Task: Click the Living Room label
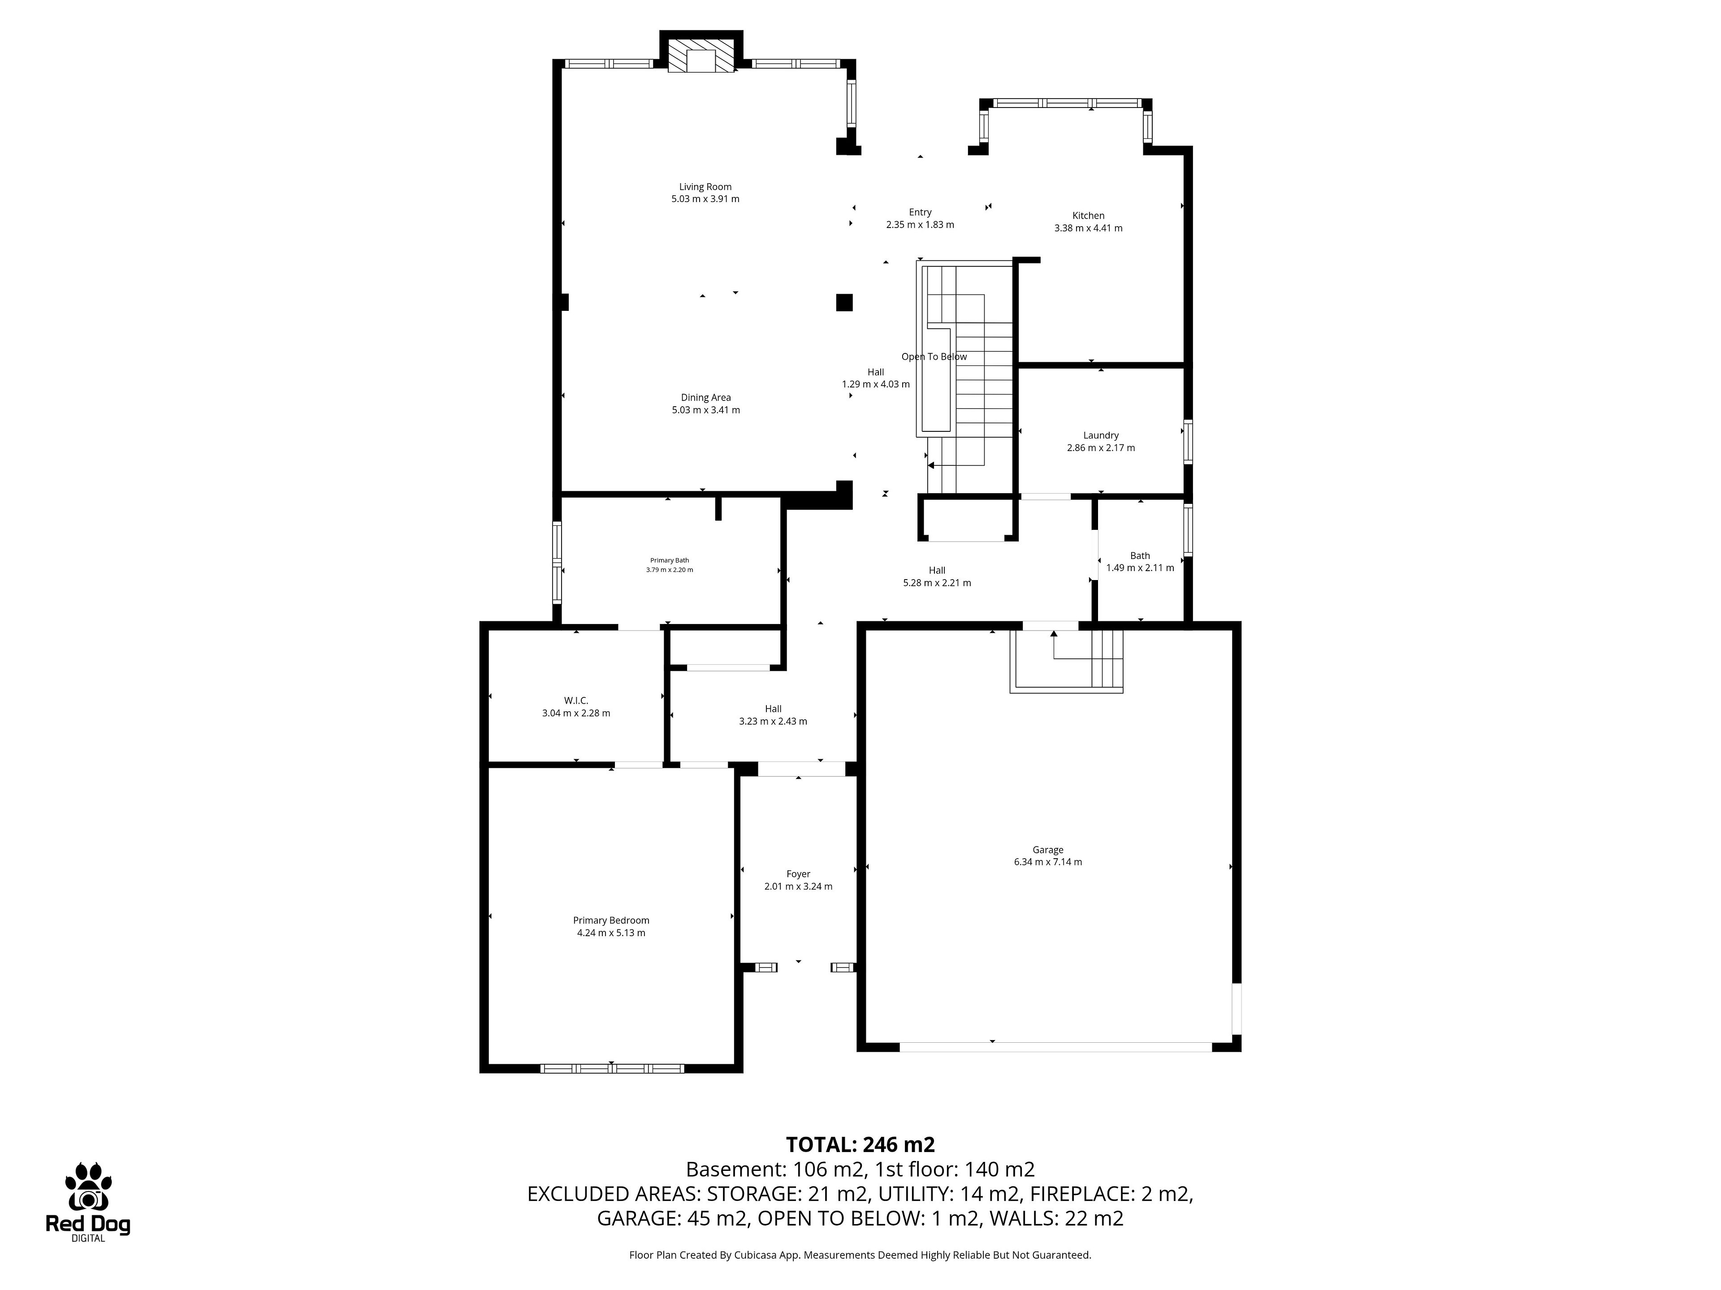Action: (705, 187)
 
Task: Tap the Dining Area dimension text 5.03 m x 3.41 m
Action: (706, 410)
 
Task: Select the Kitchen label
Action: (1088, 215)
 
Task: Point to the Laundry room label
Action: (1100, 435)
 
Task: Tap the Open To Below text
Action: (934, 357)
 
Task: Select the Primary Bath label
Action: (669, 560)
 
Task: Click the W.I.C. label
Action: (576, 701)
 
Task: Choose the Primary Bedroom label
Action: (611, 920)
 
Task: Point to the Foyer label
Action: (798, 874)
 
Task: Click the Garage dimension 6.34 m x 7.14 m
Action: (1048, 861)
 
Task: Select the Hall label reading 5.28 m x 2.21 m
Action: (937, 576)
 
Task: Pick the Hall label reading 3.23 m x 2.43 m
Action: (773, 714)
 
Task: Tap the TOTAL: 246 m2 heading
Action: (860, 1144)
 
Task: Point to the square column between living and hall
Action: (844, 302)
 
